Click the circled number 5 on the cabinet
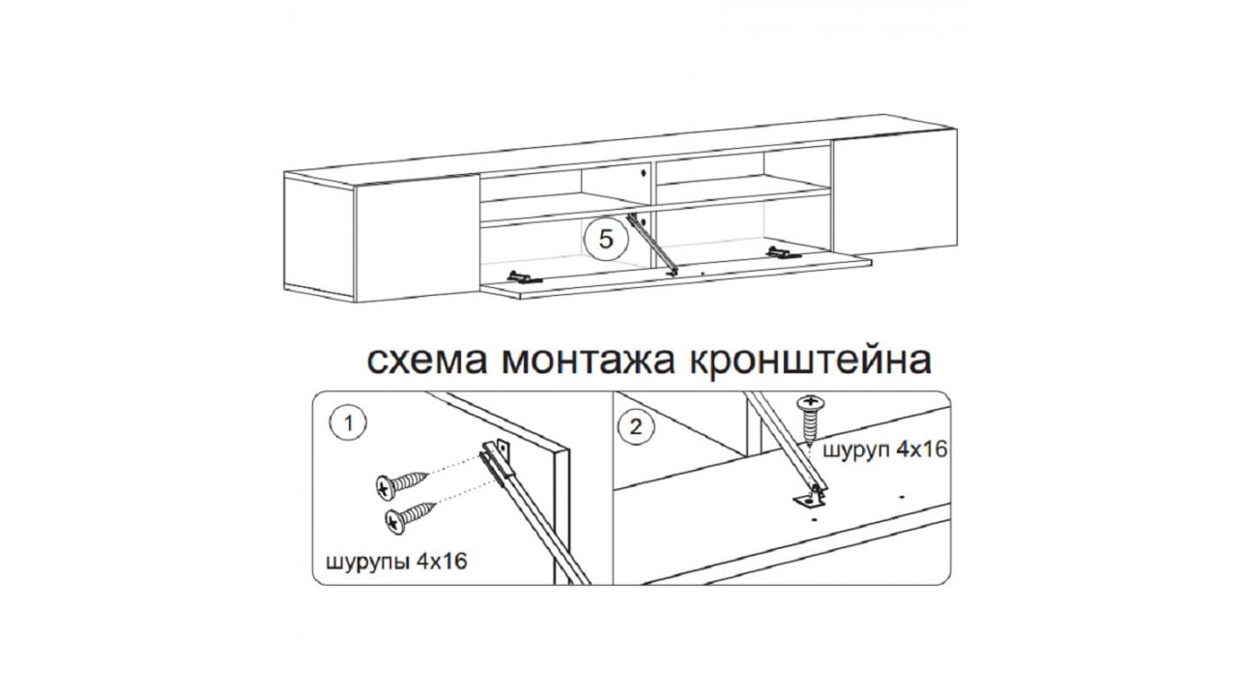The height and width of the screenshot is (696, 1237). point(606,240)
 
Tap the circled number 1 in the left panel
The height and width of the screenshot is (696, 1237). point(348,423)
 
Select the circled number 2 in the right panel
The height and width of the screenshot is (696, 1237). point(636,427)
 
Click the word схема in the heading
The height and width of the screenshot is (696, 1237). point(427,362)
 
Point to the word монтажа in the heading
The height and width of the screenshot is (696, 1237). point(589,362)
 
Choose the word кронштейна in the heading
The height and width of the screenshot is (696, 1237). point(811,362)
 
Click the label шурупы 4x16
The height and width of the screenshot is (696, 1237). point(397,563)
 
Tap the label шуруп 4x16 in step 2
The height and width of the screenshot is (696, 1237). point(885,449)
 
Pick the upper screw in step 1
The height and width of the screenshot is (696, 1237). point(401,485)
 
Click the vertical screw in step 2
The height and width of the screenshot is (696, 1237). point(810,420)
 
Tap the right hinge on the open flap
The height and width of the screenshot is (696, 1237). point(783,252)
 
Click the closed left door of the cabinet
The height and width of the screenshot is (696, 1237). point(417,239)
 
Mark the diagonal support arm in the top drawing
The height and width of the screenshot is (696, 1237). point(652,245)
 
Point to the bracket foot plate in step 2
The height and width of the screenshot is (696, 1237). point(811,500)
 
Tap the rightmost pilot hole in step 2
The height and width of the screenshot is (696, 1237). point(902,497)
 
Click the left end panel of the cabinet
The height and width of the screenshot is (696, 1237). point(319,238)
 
